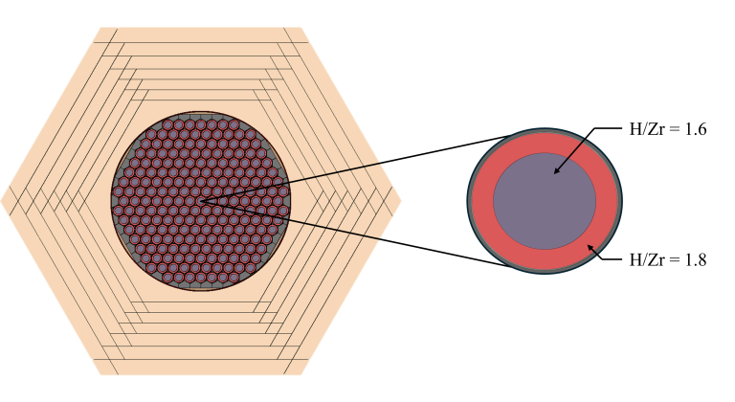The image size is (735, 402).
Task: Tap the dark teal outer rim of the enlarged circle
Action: (469, 201)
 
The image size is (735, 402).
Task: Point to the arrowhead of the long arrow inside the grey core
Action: (555, 173)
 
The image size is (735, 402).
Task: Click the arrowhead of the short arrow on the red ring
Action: (589, 246)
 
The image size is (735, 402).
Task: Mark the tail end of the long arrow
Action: (586, 139)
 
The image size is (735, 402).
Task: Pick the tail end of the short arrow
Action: (598, 256)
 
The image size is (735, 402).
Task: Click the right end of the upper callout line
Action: (381, 164)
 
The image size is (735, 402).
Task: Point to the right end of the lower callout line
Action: (381, 239)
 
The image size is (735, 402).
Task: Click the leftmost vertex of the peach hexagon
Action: (1, 201)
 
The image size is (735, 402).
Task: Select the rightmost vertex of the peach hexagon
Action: (402, 201)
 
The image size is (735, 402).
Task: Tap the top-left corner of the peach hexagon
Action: (100, 27)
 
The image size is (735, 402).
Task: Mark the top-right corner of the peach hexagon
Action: (302, 27)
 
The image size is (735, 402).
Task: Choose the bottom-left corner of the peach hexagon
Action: (100, 375)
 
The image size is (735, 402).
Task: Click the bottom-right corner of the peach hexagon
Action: (302, 375)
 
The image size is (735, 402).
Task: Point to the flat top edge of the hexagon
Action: (201, 28)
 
